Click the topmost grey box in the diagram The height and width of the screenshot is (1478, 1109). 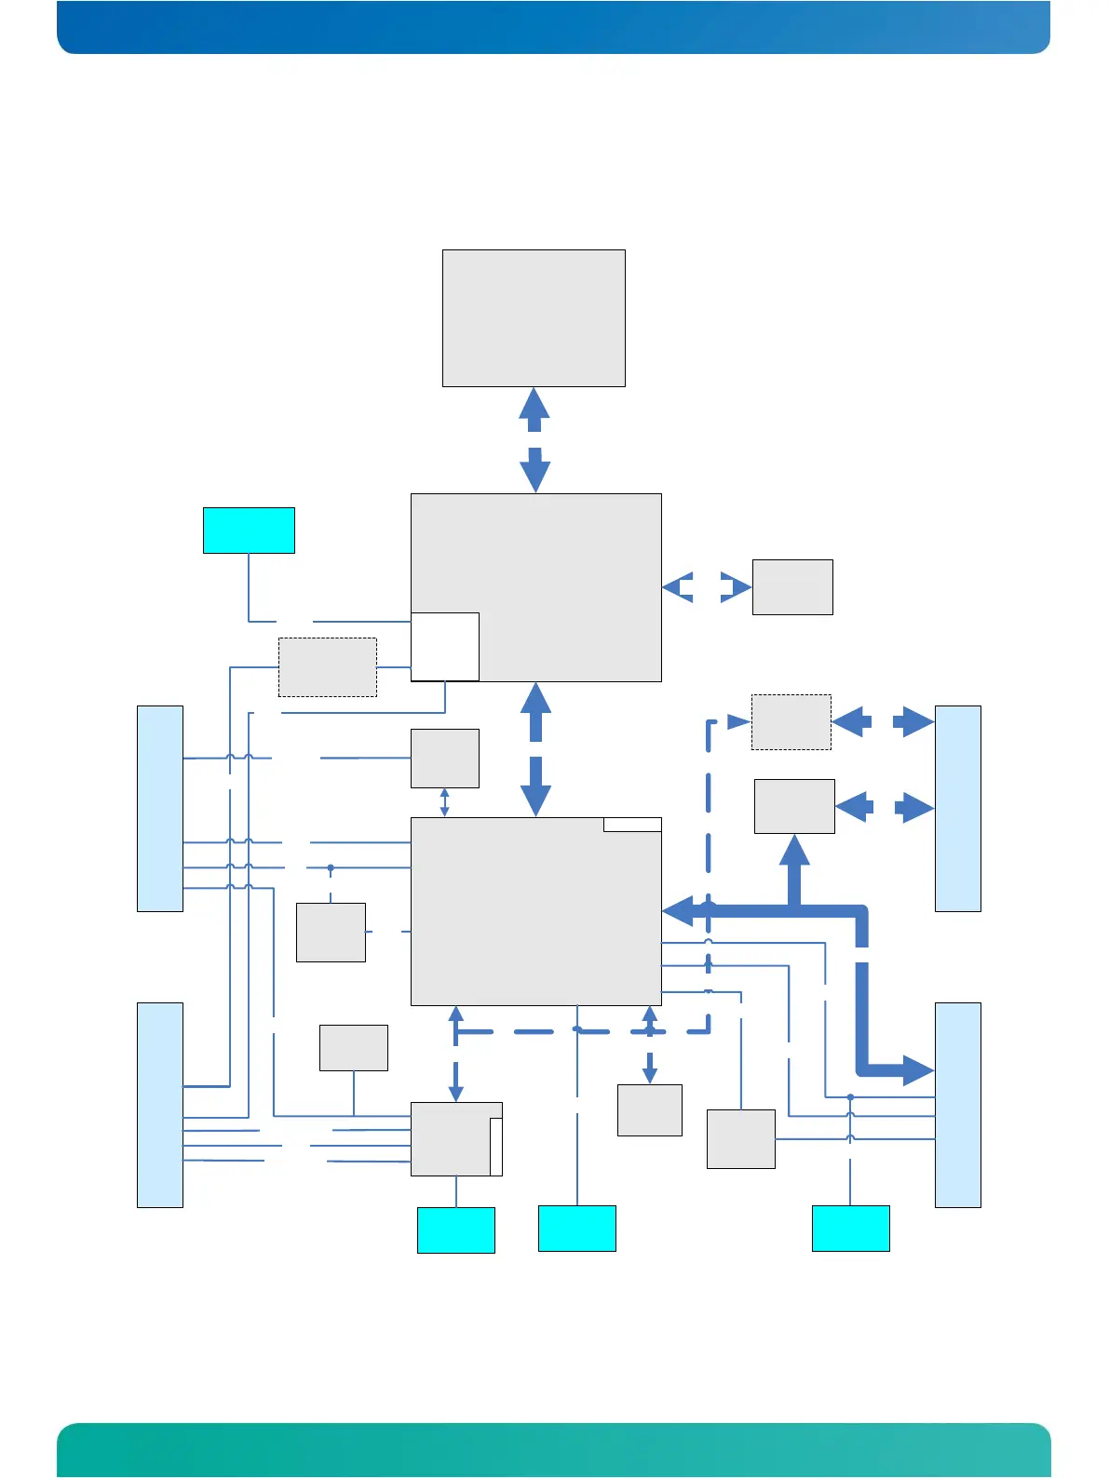click(x=534, y=317)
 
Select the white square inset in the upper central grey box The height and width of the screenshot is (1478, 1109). click(x=445, y=647)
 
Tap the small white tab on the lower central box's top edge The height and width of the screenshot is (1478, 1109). click(x=632, y=825)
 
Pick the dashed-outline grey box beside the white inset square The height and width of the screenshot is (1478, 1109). click(x=328, y=667)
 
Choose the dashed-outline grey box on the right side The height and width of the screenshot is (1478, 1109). click(x=791, y=722)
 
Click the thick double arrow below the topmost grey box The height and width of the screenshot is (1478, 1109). click(x=534, y=439)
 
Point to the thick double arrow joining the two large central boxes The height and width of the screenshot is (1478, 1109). click(x=535, y=749)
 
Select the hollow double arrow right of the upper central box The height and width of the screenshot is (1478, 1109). click(x=706, y=588)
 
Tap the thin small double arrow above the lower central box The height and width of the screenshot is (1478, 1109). click(x=445, y=802)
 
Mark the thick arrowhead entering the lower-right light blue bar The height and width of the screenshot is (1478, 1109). click(x=916, y=1071)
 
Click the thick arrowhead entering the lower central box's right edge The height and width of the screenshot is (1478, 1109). click(x=679, y=911)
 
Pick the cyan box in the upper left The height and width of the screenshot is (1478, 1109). click(x=249, y=531)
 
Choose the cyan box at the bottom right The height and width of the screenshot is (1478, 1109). click(x=850, y=1229)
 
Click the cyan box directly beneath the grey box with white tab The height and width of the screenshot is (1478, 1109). click(x=455, y=1230)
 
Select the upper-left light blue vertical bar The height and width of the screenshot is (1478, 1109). click(x=160, y=808)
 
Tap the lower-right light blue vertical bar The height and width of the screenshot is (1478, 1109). click(x=957, y=1105)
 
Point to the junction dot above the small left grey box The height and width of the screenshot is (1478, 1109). click(x=331, y=868)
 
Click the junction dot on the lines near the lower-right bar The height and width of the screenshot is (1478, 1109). click(x=850, y=1097)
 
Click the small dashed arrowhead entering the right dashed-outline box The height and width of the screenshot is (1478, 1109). click(x=739, y=721)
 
